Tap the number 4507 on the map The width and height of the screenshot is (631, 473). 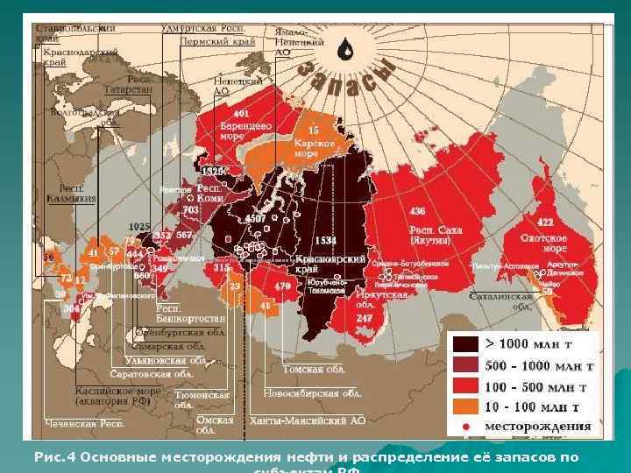tap(255, 217)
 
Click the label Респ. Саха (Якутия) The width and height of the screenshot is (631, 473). tap(435, 235)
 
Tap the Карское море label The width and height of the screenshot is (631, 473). tap(306, 146)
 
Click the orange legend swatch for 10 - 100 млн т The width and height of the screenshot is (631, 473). tap(464, 406)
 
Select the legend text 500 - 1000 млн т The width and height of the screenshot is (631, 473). tap(542, 365)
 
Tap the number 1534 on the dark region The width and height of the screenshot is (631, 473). tap(325, 240)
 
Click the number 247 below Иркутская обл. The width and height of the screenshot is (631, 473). tap(365, 319)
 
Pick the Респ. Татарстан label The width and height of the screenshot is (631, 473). tap(128, 84)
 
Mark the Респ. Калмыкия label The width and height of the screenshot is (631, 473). tap(77, 194)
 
